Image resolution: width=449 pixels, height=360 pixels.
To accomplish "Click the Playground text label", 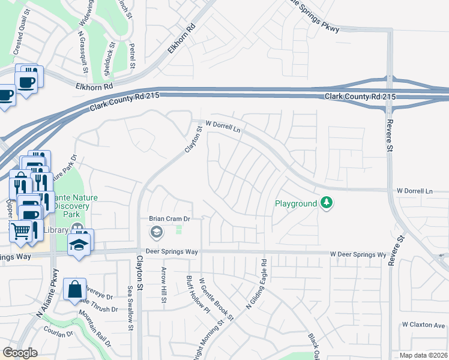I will point(295,204).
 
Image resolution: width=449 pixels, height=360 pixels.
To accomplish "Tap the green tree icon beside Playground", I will point(326,203).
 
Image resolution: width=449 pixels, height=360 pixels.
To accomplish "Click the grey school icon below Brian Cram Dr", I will point(156,232).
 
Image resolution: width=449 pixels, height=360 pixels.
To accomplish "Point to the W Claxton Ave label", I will point(424,325).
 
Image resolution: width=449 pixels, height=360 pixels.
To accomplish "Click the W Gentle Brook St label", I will point(215,297).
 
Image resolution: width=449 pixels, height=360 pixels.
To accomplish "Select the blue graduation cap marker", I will point(79,245).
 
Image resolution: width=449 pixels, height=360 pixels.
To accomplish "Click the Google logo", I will point(20,353).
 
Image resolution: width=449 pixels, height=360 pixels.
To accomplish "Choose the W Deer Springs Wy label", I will point(358,254).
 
